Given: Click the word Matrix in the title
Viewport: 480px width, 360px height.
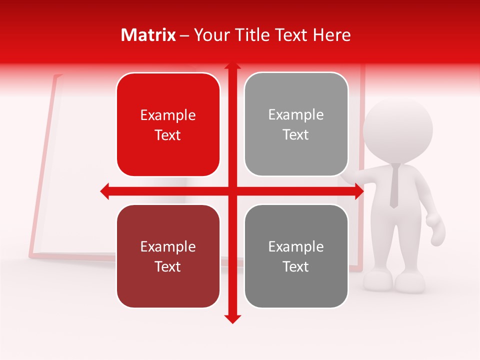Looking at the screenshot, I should [148, 35].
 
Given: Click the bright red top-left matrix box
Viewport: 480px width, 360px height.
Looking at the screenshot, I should [168, 124].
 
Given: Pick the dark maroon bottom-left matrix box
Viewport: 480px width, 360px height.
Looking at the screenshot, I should [168, 256].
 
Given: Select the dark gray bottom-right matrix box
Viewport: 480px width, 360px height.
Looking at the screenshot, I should [296, 256].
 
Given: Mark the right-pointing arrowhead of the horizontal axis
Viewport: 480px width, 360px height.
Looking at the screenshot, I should [359, 191].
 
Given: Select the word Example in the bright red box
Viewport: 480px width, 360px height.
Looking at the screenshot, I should [168, 115].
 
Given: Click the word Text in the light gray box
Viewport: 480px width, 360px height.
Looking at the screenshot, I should [296, 134].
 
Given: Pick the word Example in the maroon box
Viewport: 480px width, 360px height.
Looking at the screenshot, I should [168, 246].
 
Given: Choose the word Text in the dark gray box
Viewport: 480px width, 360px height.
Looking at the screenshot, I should [296, 266].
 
